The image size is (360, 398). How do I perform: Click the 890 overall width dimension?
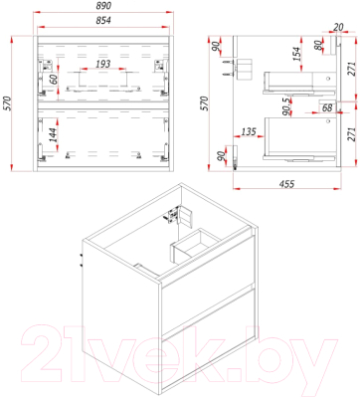pos(103,6)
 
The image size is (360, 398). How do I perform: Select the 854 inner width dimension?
pos(103,21)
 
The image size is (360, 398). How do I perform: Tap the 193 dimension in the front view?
pos(102,64)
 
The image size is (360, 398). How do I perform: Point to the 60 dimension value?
pos(54,79)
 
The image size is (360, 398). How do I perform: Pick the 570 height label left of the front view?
pos(7,103)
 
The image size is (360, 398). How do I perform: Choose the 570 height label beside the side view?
pos(204,103)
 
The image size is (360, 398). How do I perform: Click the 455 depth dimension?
pos(287,184)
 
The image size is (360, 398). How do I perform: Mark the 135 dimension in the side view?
pos(249,131)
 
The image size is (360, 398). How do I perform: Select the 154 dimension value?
pos(296,54)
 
